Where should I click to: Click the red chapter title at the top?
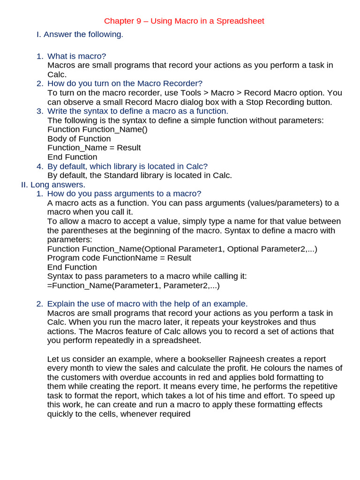[x=184, y=21]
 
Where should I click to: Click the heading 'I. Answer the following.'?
[x=80, y=34]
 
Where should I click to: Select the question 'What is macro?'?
[x=77, y=56]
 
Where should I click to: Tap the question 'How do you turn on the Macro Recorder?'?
[x=125, y=83]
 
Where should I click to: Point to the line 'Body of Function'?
[x=79, y=139]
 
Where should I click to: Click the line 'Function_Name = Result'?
[x=94, y=148]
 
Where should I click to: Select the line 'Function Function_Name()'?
[x=97, y=129]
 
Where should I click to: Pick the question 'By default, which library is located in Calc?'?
[x=127, y=166]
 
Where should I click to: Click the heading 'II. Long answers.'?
[x=53, y=185]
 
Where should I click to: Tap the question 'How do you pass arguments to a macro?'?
[x=124, y=194]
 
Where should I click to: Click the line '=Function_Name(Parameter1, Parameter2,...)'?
[x=134, y=285]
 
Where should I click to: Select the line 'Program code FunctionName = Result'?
[x=119, y=258]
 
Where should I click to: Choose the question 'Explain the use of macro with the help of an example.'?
[x=148, y=304]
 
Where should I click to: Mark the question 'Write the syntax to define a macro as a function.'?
[x=138, y=111]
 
